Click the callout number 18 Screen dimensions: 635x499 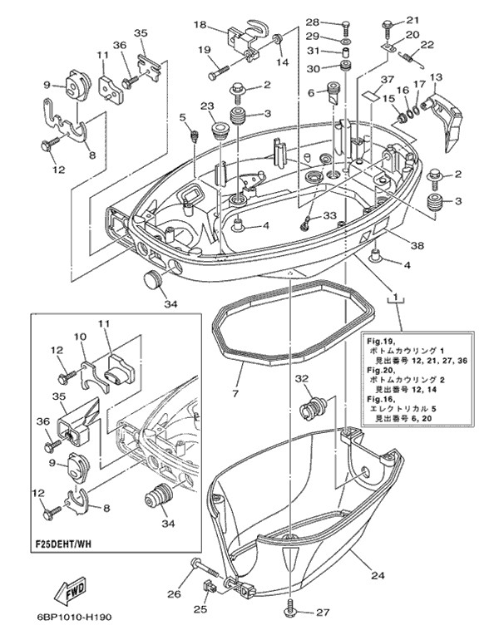point(199,25)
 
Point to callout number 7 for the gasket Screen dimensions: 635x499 point(235,391)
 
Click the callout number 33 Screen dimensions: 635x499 point(330,215)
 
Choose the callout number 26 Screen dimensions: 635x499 point(174,593)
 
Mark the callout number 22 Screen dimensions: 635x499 point(427,45)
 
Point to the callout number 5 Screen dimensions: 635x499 point(182,117)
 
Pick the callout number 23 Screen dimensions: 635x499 point(207,106)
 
